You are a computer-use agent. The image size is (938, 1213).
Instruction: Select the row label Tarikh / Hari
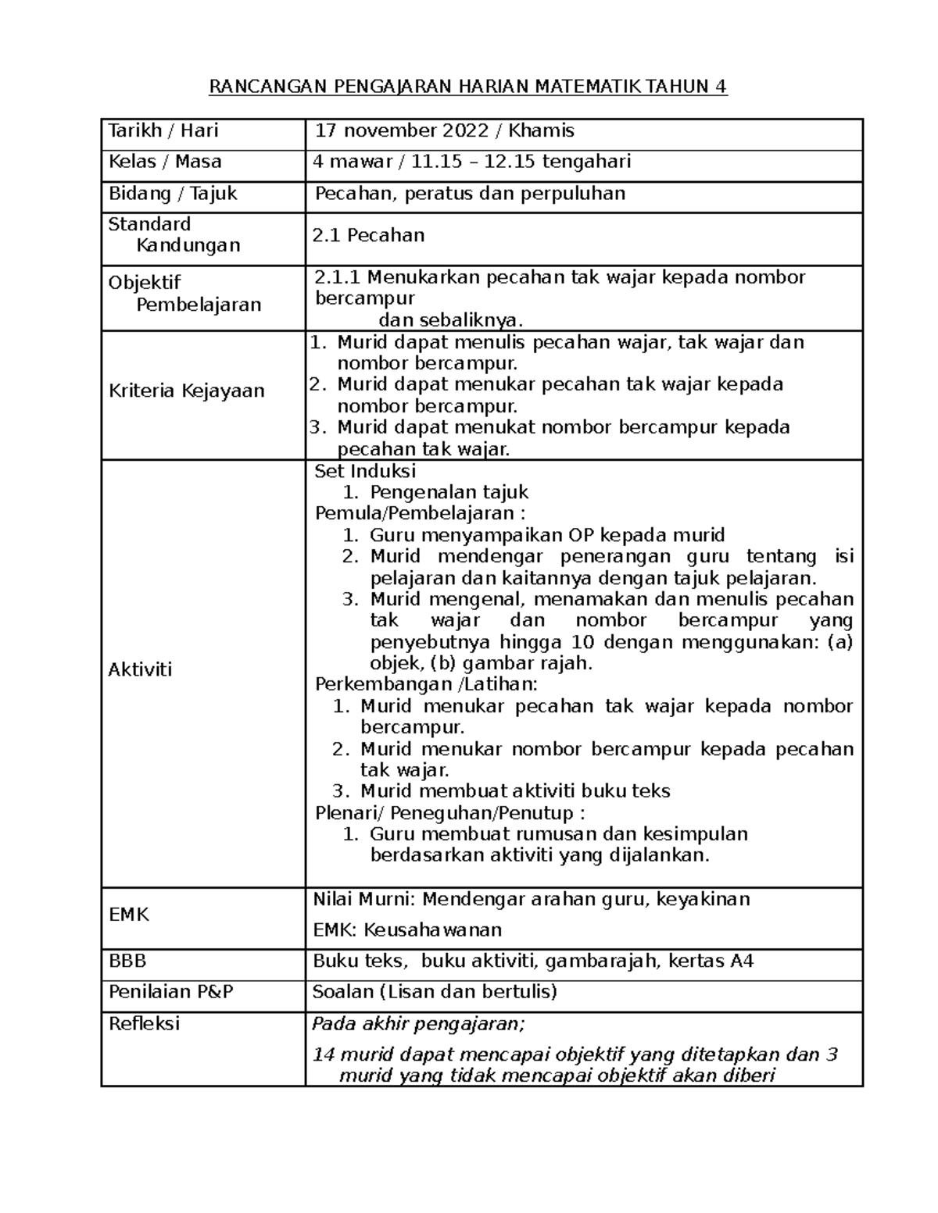[163, 130]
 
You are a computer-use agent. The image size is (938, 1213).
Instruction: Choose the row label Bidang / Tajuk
[173, 193]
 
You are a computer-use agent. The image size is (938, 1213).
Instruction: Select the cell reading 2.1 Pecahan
[368, 235]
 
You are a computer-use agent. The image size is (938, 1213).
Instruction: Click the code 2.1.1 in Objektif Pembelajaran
[338, 277]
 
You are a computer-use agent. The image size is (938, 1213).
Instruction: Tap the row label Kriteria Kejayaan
[187, 391]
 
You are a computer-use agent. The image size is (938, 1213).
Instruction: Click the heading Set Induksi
[365, 471]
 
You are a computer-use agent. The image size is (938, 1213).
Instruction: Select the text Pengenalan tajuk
[449, 492]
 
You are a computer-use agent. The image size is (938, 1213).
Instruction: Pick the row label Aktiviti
[141, 669]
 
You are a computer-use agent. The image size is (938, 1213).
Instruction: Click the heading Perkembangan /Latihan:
[426, 684]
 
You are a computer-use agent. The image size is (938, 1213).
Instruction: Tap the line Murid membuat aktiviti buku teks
[515, 790]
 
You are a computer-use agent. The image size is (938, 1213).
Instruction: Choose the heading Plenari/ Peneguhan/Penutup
[449, 812]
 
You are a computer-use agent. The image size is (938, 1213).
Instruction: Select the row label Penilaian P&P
[171, 992]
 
